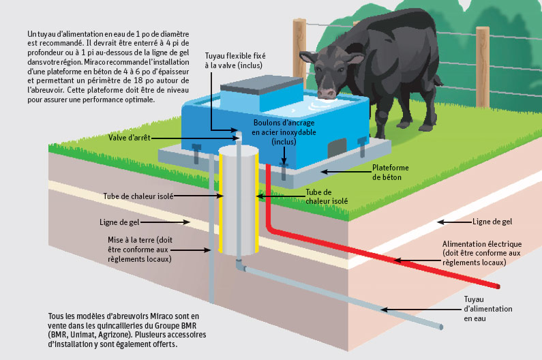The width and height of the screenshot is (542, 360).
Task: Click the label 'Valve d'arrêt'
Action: [130, 137]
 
